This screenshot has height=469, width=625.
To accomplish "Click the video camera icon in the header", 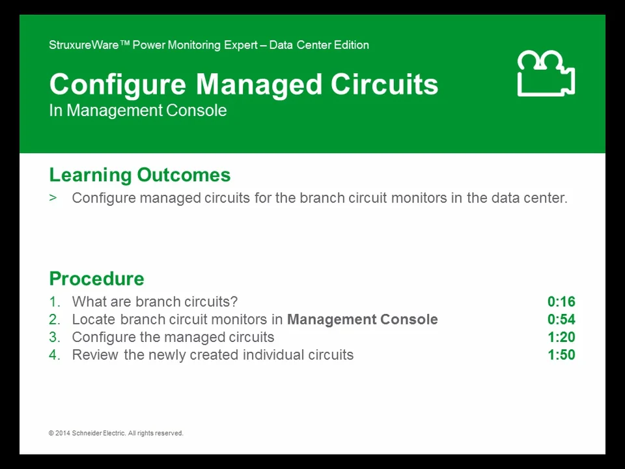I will tap(546, 74).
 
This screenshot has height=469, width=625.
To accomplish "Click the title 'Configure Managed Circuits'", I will tap(243, 85).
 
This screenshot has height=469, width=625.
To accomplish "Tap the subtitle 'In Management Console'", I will tap(137, 110).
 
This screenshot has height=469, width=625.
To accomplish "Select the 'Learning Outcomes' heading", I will tap(139, 175).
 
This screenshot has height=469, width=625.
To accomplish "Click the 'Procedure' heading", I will tap(96, 279).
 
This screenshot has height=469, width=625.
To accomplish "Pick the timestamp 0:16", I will tap(561, 302).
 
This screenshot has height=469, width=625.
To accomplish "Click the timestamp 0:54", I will tap(561, 319).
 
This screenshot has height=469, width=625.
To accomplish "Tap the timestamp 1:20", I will tap(561, 337).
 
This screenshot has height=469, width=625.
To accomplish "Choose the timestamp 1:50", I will tap(561, 354).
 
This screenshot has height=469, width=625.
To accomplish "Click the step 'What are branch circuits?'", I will tap(154, 302).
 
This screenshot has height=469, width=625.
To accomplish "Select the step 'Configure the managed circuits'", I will tap(173, 337).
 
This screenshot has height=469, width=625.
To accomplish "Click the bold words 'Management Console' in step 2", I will tap(362, 319).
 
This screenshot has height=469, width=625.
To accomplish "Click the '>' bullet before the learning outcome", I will tap(53, 197).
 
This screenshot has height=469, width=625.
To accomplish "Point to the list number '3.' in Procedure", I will tap(54, 337).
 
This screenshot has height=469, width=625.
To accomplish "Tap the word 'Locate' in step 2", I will tap(94, 319).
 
